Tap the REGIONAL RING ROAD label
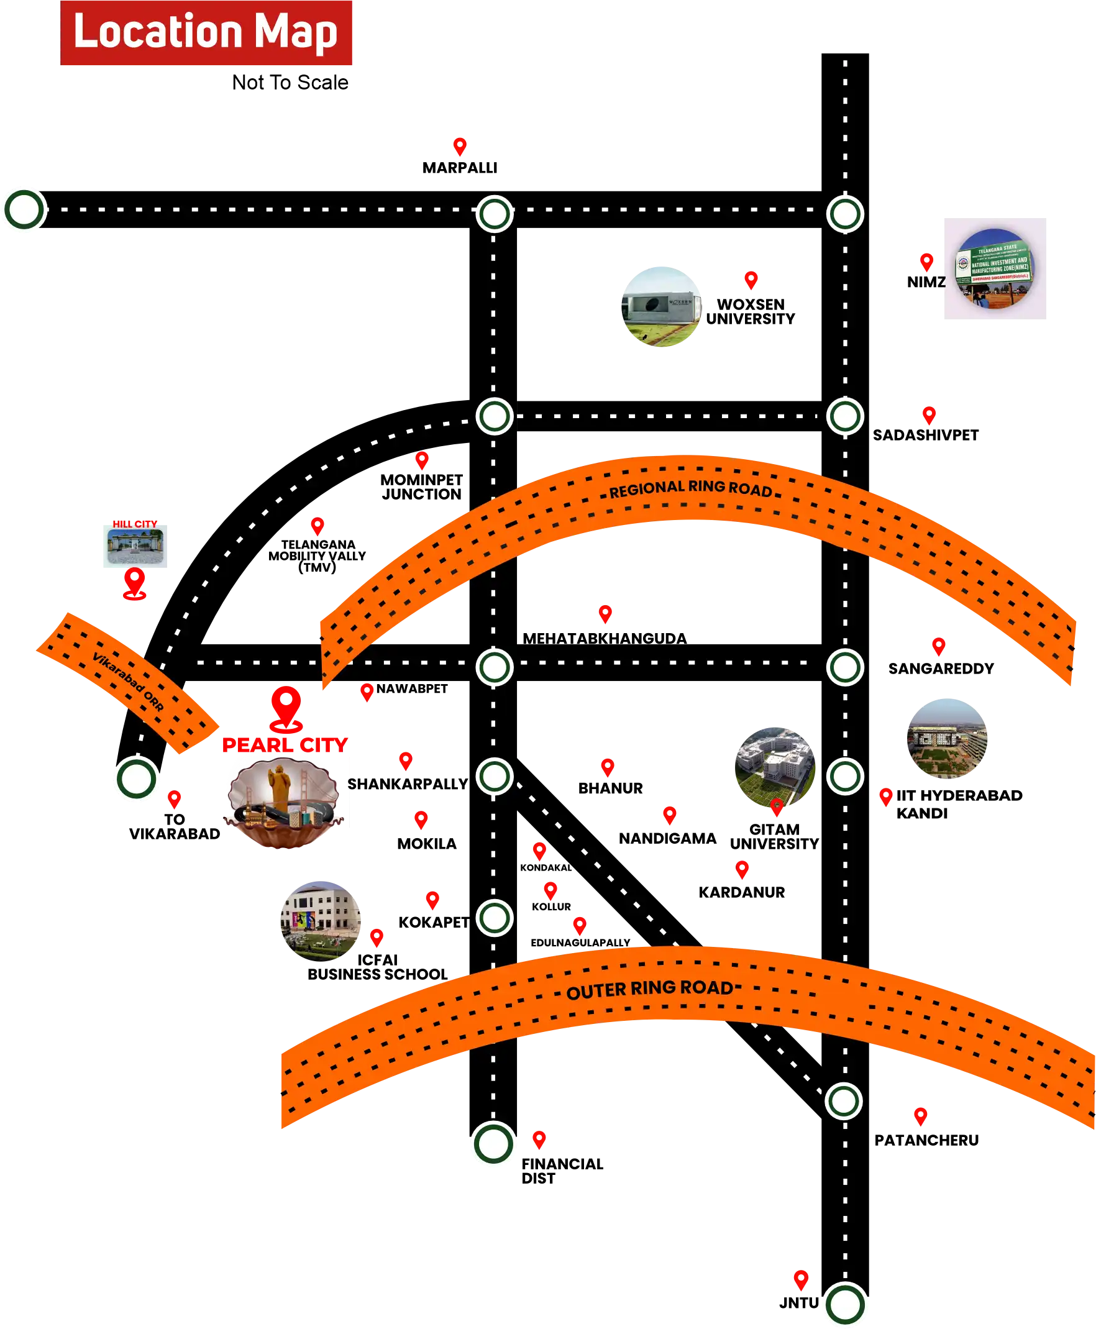[x=690, y=489]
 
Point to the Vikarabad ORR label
[x=128, y=682]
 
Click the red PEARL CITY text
[x=284, y=745]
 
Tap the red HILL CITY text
[x=135, y=524]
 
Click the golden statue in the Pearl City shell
[x=278, y=786]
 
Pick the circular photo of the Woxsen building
[x=661, y=306]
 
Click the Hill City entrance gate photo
[x=134, y=547]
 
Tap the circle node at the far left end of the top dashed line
[x=25, y=209]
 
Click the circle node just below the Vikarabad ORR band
[x=136, y=779]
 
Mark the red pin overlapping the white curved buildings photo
[x=777, y=807]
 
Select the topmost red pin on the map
[x=460, y=146]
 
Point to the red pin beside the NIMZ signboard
[x=926, y=262]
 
